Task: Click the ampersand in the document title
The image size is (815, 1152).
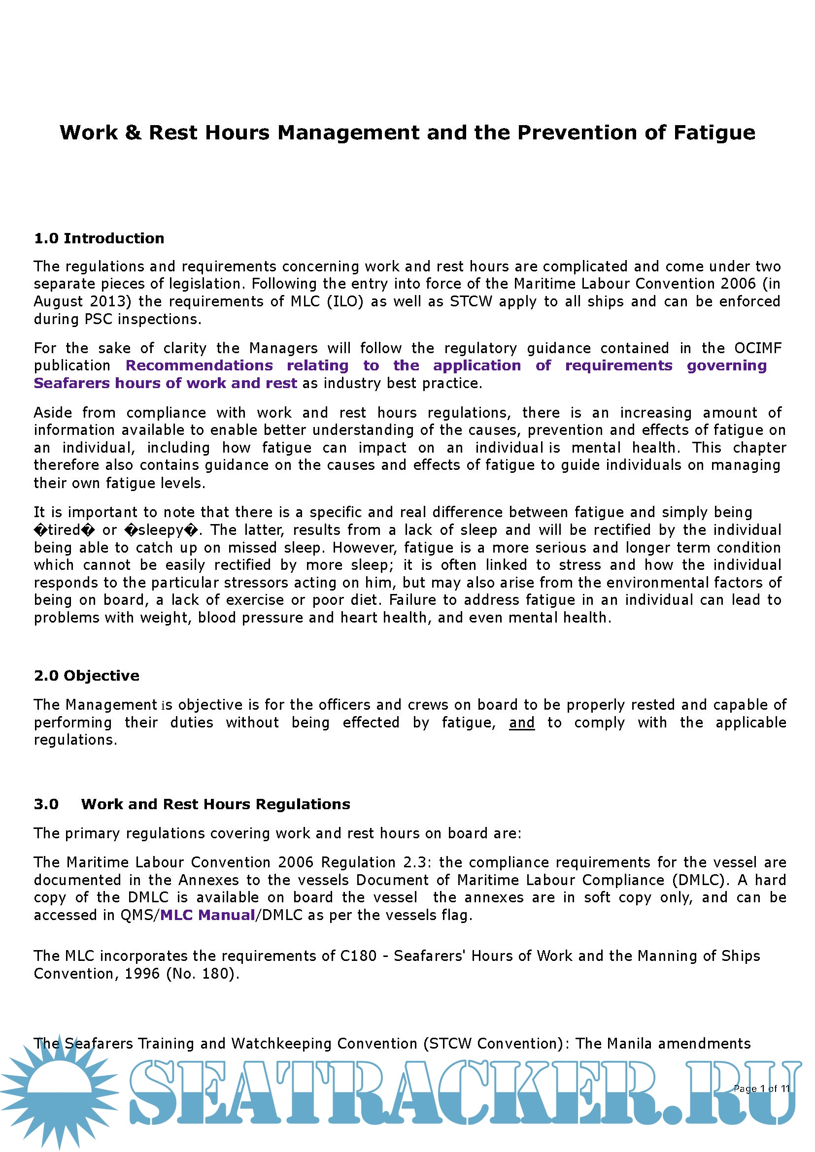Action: point(133,133)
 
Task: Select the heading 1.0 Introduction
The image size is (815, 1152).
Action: point(99,238)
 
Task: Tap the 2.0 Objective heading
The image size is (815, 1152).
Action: point(86,676)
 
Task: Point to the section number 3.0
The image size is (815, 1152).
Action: point(46,804)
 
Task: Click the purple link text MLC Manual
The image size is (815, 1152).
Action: point(207,915)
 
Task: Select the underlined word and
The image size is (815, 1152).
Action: point(521,723)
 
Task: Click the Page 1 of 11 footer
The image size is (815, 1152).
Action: point(761,1088)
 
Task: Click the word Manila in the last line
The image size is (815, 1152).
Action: point(629,1044)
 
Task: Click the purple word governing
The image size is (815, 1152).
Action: point(726,366)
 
